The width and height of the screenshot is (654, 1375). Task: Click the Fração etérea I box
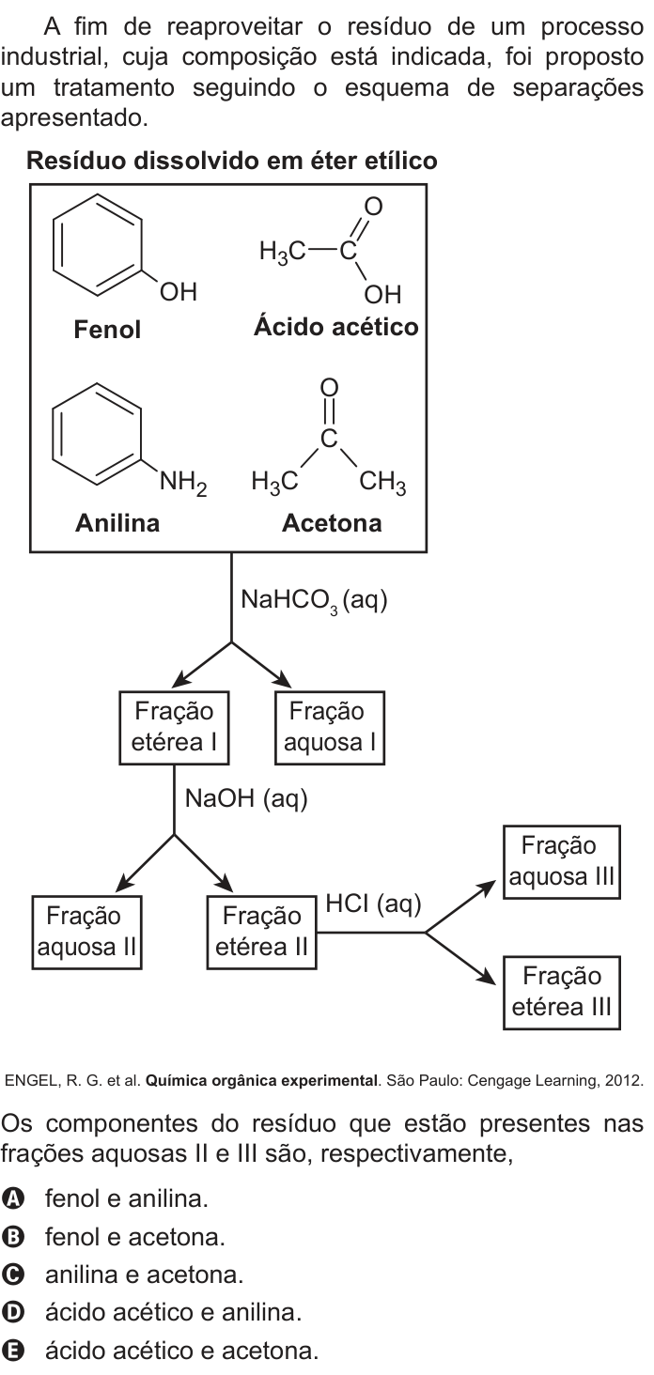pos(174,727)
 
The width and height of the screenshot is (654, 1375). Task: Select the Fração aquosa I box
pos(330,727)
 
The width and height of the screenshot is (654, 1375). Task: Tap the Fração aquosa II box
pos(86,933)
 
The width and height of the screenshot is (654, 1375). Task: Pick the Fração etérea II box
pos(261,933)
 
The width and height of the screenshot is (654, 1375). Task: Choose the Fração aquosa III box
pos(561,862)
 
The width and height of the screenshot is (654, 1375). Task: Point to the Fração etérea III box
pos(561,993)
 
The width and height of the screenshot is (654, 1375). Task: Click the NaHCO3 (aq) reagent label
pos(314,600)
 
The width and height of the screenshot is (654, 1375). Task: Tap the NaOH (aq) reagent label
pos(246,798)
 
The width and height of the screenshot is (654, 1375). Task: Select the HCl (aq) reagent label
pos(373,904)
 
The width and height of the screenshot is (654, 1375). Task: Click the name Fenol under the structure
pos(107,330)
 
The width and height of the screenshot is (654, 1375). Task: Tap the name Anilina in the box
pos(117,523)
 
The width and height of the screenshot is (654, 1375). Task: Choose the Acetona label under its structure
pos(332,523)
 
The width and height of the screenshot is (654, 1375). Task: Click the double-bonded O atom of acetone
pos(329,387)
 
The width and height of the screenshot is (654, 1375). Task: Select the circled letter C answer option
pos(12,1275)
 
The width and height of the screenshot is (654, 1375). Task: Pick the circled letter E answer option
pos(12,1351)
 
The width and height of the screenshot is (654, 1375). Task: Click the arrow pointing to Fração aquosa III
pos(460,906)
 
